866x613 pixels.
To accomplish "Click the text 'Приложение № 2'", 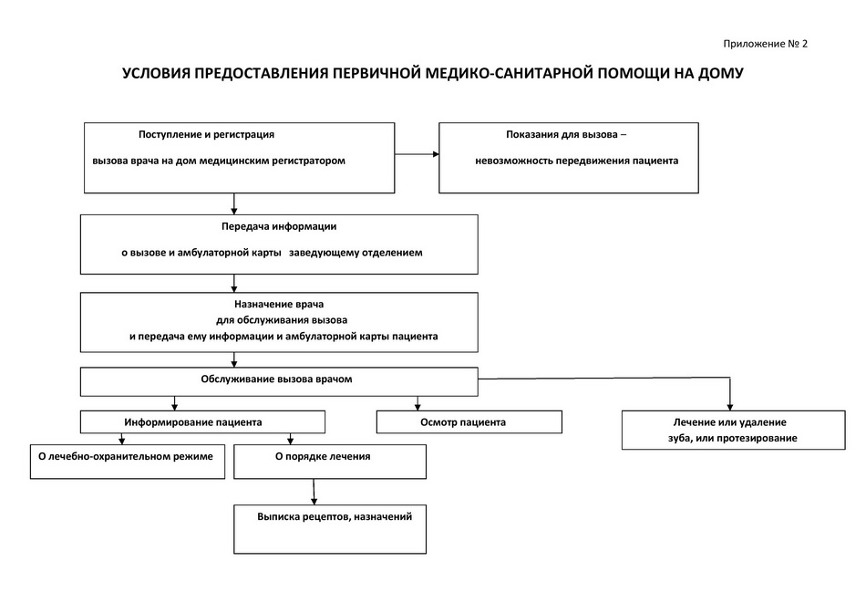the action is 765,44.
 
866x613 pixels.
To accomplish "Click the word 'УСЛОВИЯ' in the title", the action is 156,73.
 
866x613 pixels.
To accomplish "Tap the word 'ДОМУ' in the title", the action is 721,73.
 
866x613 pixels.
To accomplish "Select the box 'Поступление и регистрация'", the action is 239,158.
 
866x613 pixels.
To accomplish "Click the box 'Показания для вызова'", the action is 568,158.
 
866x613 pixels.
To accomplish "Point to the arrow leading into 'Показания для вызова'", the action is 417,154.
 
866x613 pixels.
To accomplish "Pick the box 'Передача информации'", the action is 279,244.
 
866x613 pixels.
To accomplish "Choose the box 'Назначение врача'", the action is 279,322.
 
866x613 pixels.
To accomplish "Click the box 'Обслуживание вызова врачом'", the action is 279,382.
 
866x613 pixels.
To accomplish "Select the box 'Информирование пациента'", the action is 202,421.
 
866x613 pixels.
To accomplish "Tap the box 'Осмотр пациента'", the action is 469,421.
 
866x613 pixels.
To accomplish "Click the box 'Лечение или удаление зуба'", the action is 734,430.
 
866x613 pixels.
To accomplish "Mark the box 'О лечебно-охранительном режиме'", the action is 128,462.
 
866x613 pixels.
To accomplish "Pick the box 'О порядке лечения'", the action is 330,462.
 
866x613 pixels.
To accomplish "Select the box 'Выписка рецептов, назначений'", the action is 330,529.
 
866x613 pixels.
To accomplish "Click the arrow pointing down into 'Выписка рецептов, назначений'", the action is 314,492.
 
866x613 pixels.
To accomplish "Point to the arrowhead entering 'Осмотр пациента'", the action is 417,407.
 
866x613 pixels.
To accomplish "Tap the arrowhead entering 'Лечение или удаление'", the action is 730,407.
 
